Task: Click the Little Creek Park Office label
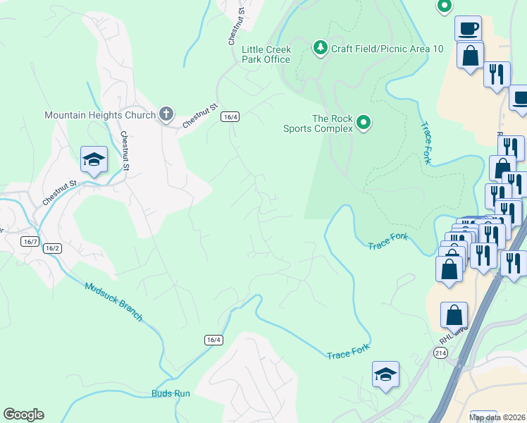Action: coord(266,54)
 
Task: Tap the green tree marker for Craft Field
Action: coord(321,47)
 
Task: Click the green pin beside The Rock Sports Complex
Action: coord(364,123)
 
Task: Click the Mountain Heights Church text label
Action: coord(99,115)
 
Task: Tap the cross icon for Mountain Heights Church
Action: coord(166,114)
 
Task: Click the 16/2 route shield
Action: coord(51,248)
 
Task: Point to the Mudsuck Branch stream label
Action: coord(113,302)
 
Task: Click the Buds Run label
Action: coord(170,393)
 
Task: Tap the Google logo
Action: coord(23,415)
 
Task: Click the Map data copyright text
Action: coord(497,417)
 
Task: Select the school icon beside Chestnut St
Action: coord(93,160)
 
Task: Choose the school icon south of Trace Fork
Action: coord(385,375)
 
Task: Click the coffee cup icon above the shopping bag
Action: coord(469,29)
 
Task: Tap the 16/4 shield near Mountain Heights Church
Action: coord(230,116)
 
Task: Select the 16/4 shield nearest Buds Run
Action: coord(214,340)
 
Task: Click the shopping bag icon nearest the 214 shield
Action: coord(454,317)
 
